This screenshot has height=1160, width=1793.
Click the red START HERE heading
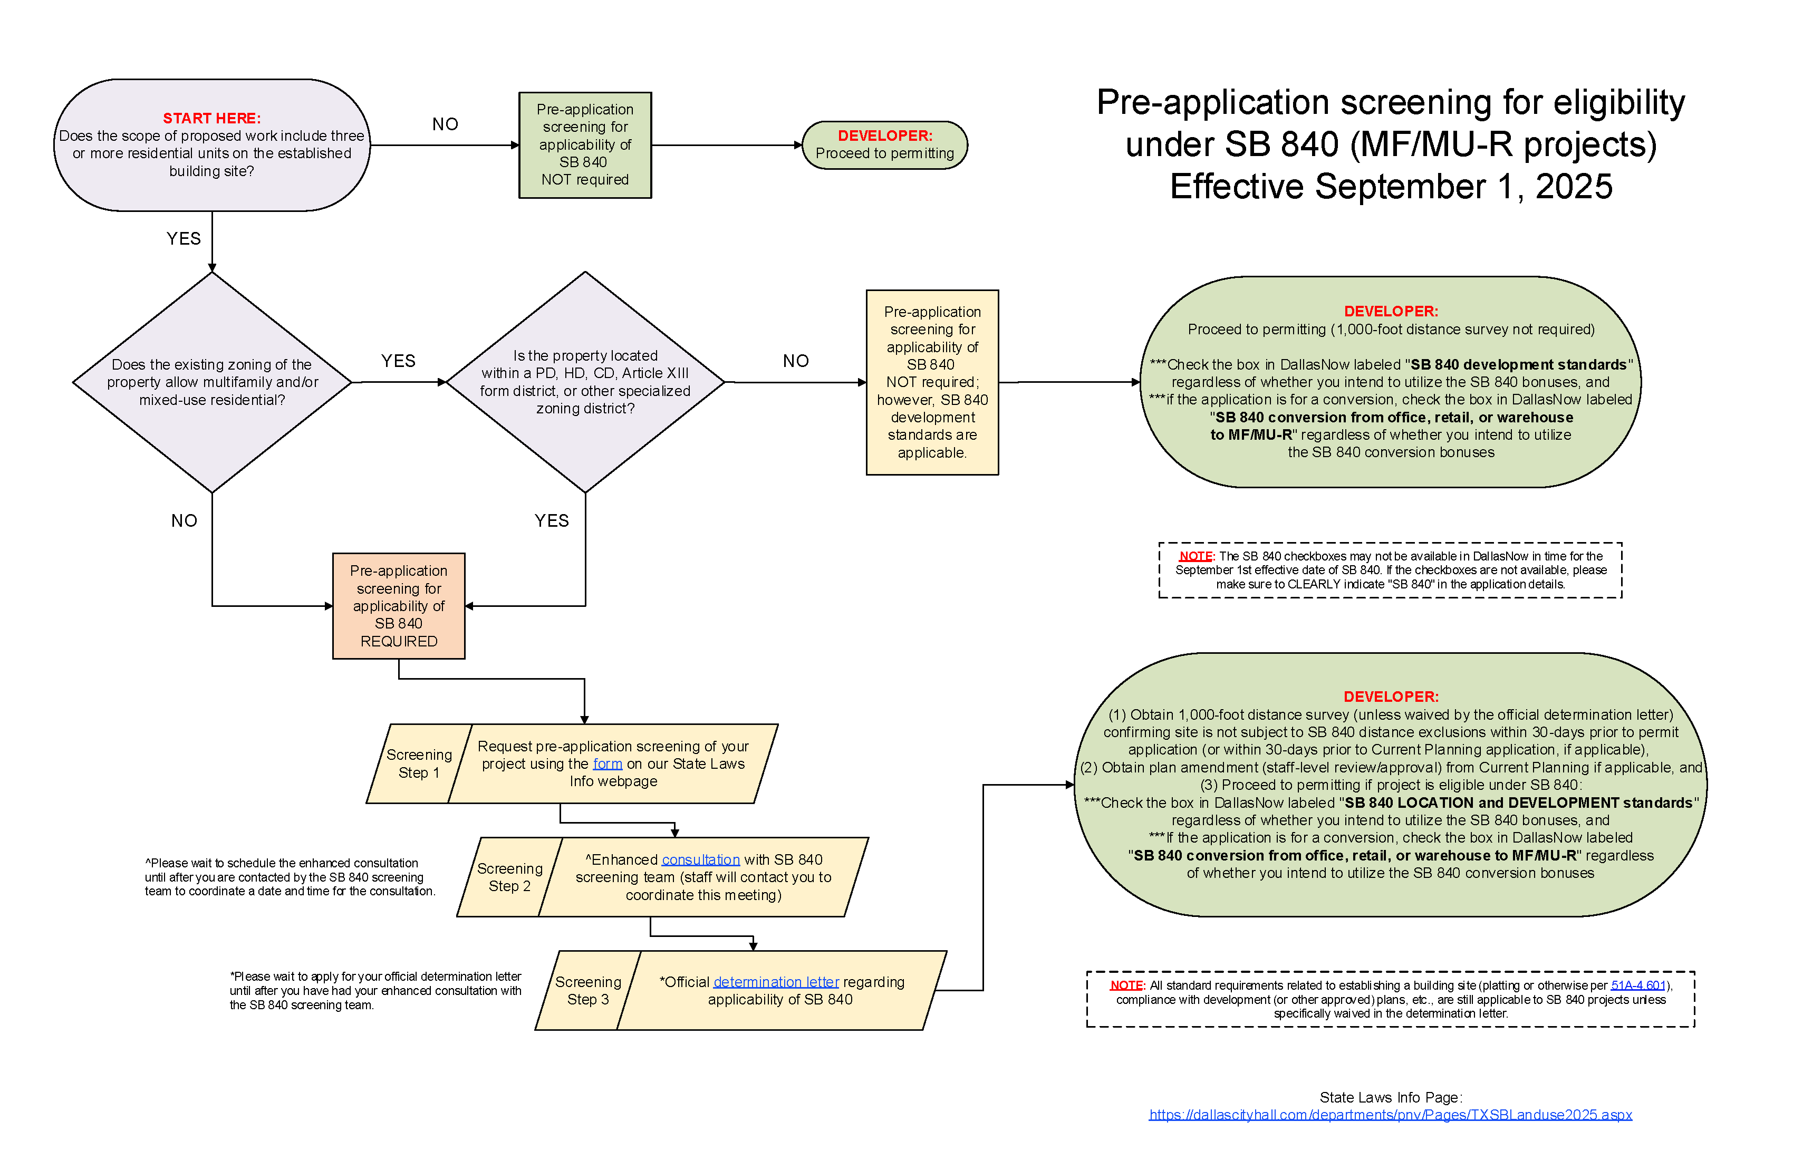211,118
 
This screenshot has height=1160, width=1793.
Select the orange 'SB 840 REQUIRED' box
399,606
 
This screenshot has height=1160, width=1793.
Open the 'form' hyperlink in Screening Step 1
607,764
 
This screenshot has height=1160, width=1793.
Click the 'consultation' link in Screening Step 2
701,859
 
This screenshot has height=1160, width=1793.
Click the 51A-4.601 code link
1638,985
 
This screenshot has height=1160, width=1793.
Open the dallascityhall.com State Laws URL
1390,1115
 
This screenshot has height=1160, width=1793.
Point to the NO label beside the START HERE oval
445,124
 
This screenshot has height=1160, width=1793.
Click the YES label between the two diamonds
398,361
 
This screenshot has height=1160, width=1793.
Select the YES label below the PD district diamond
552,520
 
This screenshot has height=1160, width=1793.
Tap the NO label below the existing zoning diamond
184,520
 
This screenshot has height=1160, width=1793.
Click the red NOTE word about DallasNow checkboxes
1196,556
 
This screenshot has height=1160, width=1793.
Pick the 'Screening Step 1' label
419,764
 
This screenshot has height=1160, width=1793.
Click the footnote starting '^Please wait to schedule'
290,877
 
